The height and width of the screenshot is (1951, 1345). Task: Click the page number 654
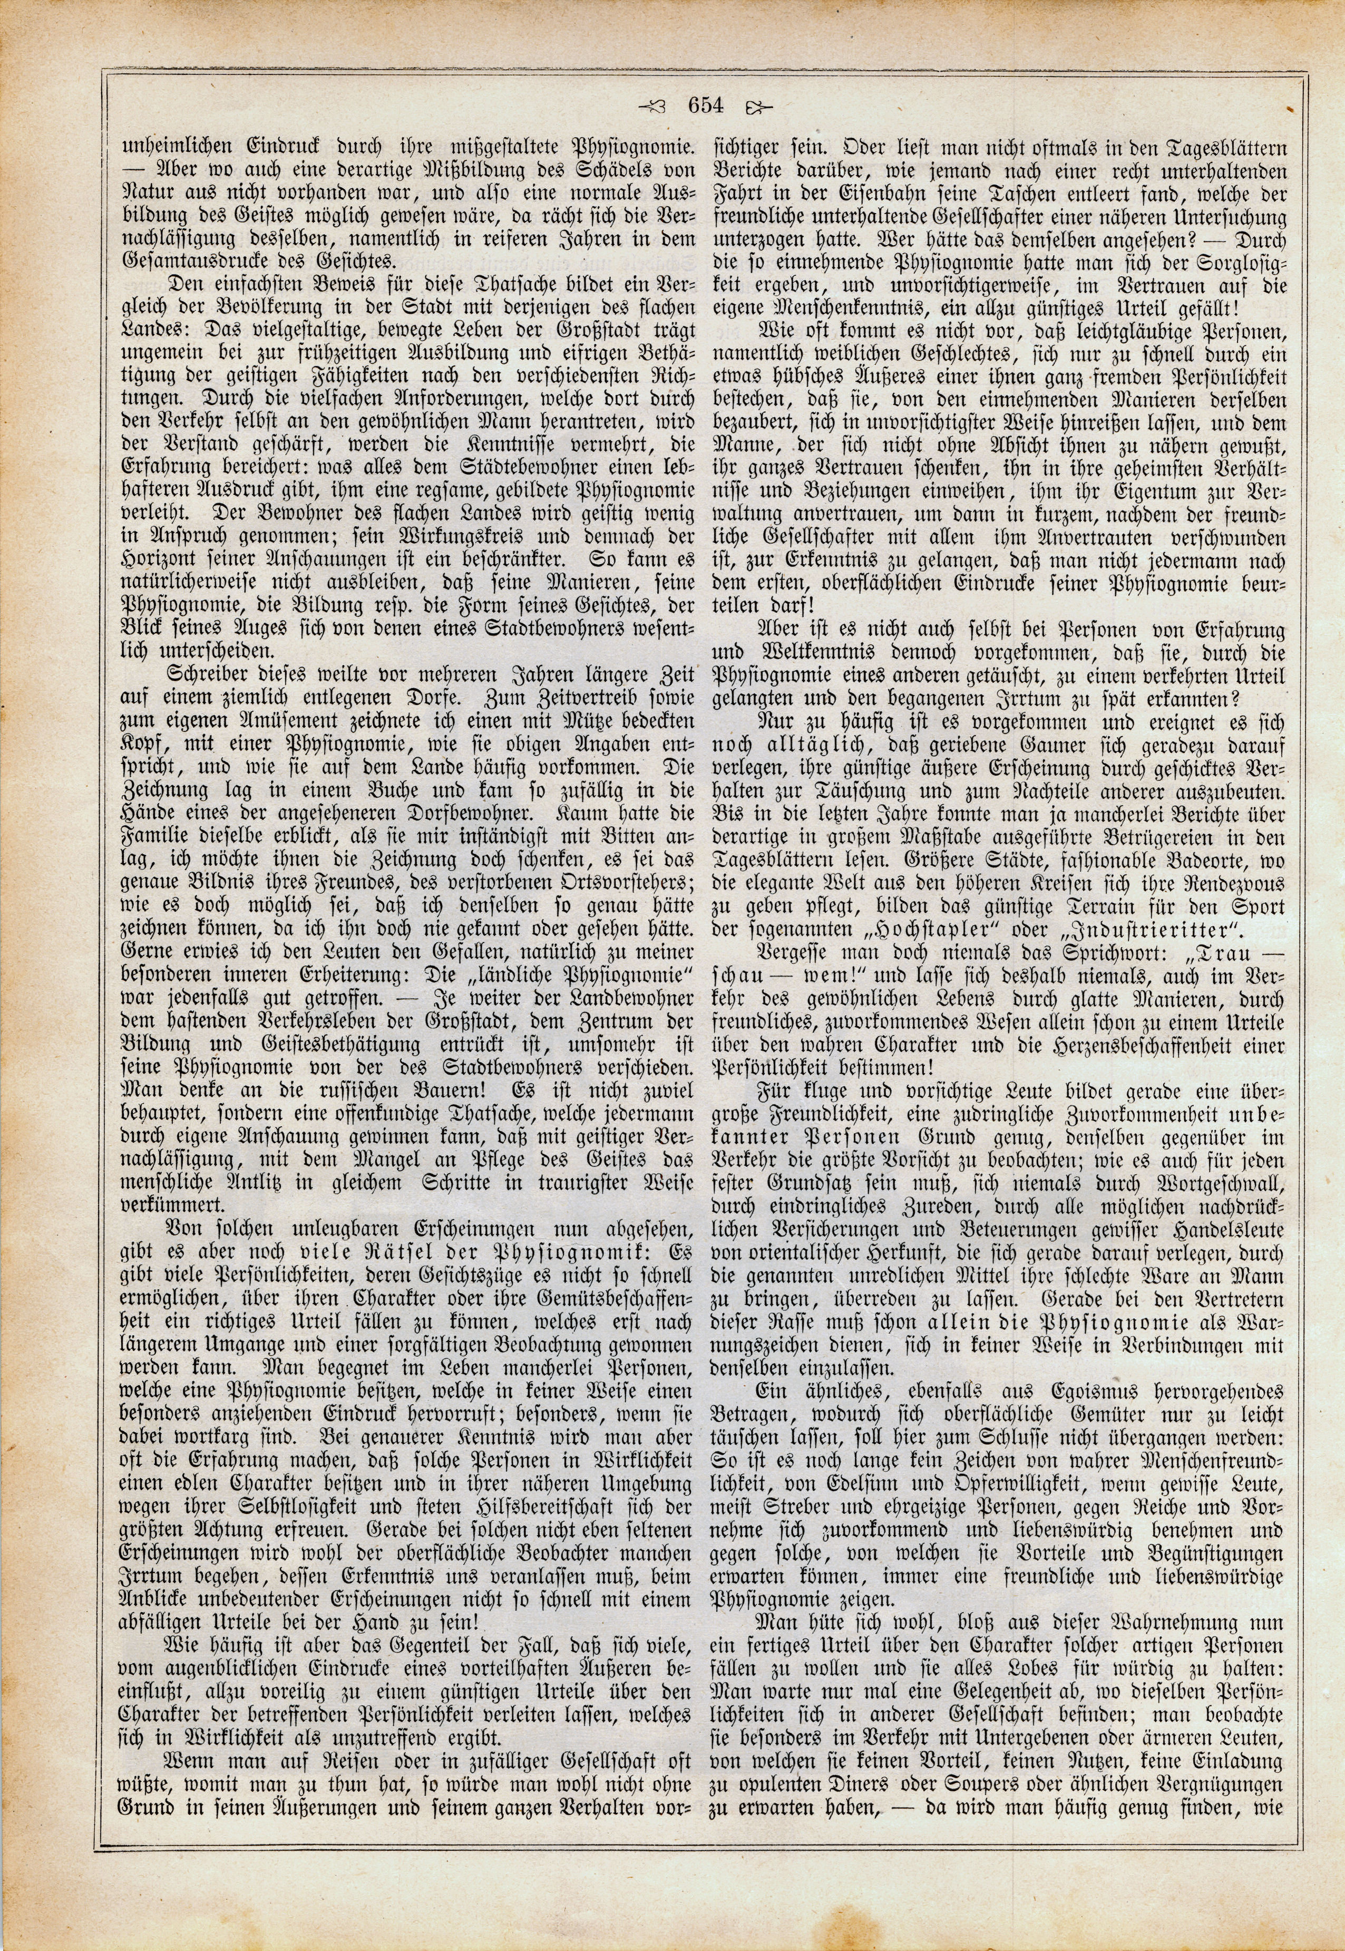tap(706, 106)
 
